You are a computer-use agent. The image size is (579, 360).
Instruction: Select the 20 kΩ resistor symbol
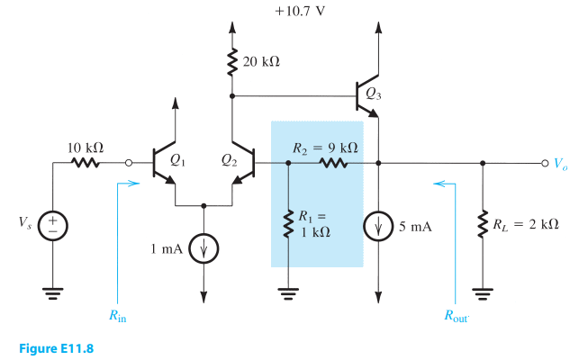[x=233, y=62]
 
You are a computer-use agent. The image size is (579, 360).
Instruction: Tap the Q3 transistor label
[x=366, y=91]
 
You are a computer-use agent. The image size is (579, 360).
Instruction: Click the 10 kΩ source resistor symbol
[x=86, y=164]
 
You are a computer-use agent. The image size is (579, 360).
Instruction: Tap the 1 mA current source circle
[x=204, y=245]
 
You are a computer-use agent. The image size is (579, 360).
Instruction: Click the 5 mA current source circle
[x=377, y=226]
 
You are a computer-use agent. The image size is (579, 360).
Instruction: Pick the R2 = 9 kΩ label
[x=326, y=147]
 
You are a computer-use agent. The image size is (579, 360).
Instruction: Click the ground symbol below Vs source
[x=53, y=292]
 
